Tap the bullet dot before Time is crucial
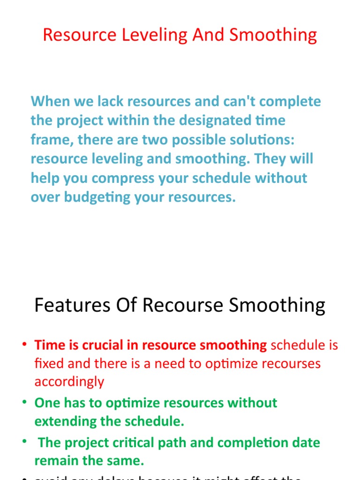pyautogui.click(x=24, y=345)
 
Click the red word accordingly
pyautogui.click(x=69, y=382)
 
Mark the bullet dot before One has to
pyautogui.click(x=24, y=403)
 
